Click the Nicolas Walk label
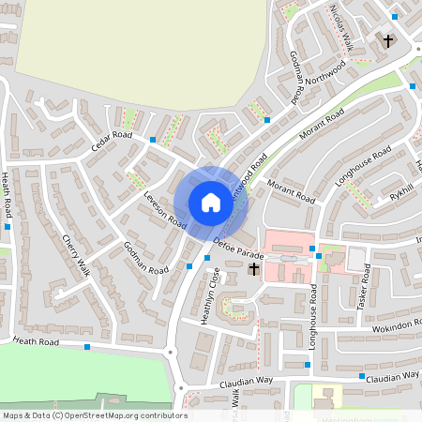(x=340, y=23)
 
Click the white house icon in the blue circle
(x=211, y=202)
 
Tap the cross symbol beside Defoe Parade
(x=253, y=269)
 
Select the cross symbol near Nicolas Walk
(x=388, y=40)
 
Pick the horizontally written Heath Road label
(x=36, y=343)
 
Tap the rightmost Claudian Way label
(x=394, y=376)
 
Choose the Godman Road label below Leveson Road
(x=145, y=258)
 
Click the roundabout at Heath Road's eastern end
(x=171, y=353)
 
